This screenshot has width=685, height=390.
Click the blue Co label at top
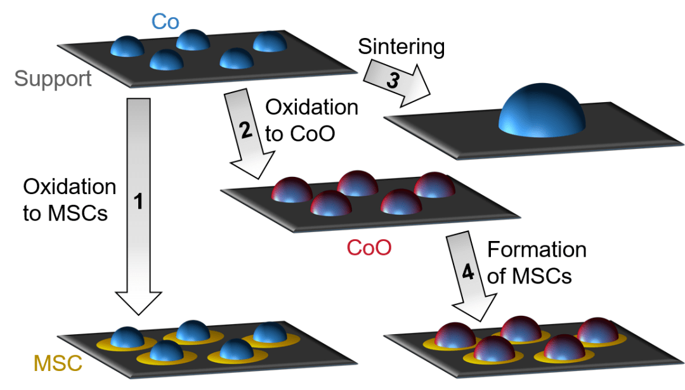tap(165, 23)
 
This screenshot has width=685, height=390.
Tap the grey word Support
tap(53, 79)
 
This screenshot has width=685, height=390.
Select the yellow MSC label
tap(58, 364)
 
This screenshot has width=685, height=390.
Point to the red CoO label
tap(369, 247)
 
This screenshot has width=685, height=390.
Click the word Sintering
tap(401, 46)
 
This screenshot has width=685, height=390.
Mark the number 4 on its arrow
tap(467, 273)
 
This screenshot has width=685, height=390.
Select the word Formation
tap(537, 250)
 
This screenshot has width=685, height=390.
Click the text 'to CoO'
tap(298, 134)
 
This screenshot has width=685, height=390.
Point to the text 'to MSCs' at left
tap(65, 214)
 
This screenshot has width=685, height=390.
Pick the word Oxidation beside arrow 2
tap(311, 107)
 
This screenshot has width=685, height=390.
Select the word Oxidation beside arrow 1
tap(70, 187)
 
